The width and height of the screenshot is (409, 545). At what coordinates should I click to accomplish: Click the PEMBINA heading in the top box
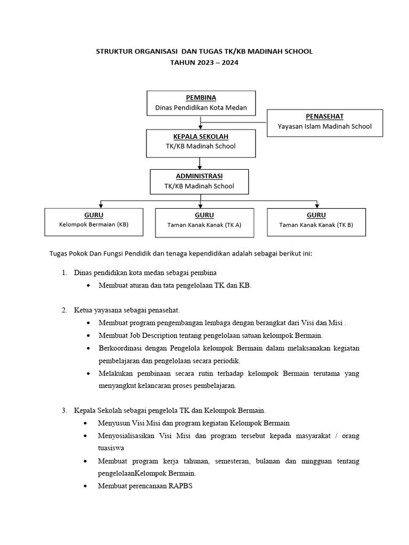pos(201,98)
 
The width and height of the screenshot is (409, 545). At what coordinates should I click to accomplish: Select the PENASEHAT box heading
pos(324,116)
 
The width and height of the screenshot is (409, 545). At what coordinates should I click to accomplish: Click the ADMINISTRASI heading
pos(199,176)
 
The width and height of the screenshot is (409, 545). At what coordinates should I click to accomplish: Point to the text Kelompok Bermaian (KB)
pos(94,224)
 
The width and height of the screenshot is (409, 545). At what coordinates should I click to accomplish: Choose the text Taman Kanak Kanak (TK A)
pos(204,225)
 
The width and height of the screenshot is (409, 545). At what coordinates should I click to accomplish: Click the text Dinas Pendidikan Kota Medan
pos(201,108)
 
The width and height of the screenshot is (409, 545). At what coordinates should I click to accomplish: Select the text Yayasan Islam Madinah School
pos(324,126)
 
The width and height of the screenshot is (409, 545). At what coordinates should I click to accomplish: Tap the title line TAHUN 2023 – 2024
pos(204,63)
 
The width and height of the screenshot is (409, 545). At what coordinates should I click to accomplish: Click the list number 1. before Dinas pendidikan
pos(64,272)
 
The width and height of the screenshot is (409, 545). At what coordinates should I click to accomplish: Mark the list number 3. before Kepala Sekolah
pos(64,410)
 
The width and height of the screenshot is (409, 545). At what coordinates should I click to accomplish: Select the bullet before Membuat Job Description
pos(88,335)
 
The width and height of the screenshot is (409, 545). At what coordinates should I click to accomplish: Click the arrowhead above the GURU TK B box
pos(317,205)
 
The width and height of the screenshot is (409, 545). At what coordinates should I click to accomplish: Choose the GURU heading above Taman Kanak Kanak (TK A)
pos(204,215)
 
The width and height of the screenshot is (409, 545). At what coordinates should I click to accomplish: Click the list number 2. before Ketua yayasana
pos(64,310)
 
